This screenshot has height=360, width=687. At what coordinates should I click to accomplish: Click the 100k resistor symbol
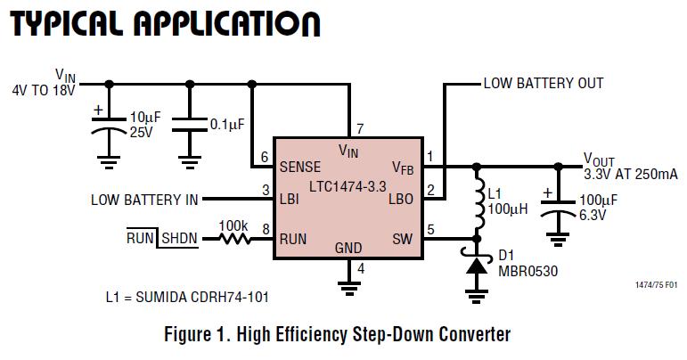(236, 238)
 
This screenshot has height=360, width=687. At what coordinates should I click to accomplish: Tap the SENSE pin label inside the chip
(300, 167)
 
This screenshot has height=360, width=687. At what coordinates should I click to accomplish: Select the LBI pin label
(290, 200)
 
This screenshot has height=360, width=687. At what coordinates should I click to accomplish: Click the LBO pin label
(401, 200)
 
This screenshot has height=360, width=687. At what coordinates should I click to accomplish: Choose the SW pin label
(403, 239)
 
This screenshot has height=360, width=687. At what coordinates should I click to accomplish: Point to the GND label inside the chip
(348, 247)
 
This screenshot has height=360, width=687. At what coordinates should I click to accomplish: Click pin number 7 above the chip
(359, 128)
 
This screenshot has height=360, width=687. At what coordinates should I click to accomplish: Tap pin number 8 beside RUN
(266, 229)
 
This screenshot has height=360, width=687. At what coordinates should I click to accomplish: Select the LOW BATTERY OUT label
(544, 84)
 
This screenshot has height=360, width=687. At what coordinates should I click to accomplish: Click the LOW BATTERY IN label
(144, 200)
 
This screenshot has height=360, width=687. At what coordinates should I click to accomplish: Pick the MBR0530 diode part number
(529, 272)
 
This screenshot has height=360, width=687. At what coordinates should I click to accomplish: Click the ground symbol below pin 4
(348, 286)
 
